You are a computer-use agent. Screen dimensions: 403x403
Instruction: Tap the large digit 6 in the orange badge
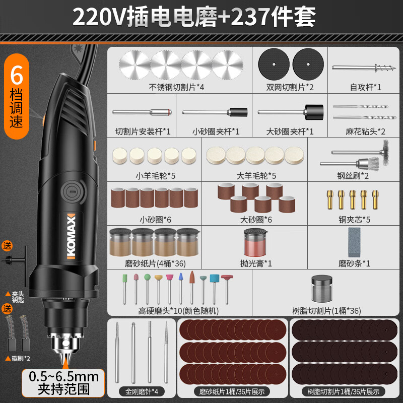[17, 76]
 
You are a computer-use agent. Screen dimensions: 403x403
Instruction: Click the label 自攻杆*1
[365, 87]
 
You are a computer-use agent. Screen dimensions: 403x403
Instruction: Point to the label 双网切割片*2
[290, 87]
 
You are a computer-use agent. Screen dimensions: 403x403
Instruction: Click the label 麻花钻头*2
[365, 131]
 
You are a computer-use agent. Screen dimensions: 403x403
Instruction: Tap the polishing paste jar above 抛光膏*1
[256, 242]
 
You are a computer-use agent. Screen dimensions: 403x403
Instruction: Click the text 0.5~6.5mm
[63, 376]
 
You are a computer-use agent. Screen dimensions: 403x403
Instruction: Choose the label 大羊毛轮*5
[256, 176]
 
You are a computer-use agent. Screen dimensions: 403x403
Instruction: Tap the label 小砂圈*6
[154, 220]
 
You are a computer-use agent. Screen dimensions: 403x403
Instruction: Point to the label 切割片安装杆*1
[143, 131]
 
